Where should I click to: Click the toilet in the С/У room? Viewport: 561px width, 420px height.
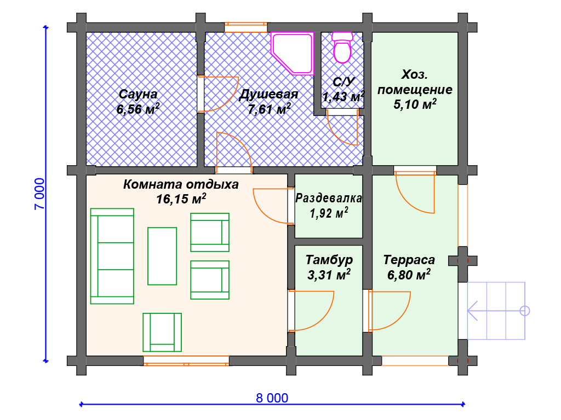tap(342, 48)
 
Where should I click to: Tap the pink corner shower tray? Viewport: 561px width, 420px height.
tap(292, 53)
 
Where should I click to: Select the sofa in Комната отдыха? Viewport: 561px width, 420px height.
tap(112, 256)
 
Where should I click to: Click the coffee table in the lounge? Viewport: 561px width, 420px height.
tap(162, 256)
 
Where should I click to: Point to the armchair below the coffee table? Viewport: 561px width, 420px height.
tap(162, 332)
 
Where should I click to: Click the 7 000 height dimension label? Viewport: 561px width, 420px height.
tap(39, 194)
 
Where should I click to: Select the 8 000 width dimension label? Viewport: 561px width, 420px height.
tap(272, 398)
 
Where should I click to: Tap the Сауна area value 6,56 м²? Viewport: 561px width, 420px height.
tap(138, 109)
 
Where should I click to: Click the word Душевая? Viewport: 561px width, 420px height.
tap(268, 94)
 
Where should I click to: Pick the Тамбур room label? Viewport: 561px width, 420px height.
tap(329, 260)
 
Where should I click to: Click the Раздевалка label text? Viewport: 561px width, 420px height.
tap(329, 198)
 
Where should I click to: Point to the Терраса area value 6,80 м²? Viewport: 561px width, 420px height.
tap(409, 275)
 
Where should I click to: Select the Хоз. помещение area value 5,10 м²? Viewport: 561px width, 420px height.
tap(415, 104)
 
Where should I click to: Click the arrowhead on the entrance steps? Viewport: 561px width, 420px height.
tap(472, 311)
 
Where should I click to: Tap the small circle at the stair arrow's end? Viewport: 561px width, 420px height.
tap(524, 311)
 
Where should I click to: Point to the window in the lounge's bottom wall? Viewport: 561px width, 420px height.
tap(186, 361)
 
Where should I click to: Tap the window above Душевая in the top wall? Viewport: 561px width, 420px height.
tap(246, 27)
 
